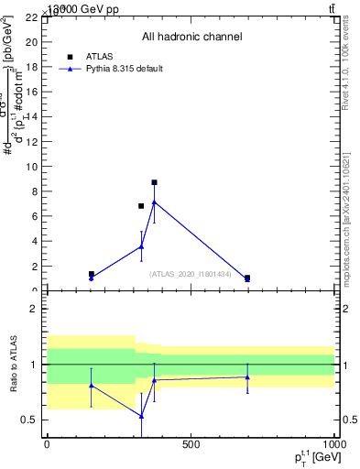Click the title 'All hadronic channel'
click(x=191, y=37)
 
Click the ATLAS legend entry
click(x=98, y=56)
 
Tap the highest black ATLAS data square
click(x=154, y=182)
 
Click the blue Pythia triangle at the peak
click(x=154, y=202)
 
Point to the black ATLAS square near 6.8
click(x=141, y=206)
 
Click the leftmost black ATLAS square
click(x=91, y=274)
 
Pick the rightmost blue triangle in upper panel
click(x=247, y=278)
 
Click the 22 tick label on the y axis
click(x=30, y=17)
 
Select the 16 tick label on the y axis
click(x=30, y=92)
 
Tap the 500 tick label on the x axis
click(x=191, y=444)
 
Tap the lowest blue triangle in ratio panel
click(x=141, y=416)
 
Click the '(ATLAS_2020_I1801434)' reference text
click(x=191, y=273)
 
